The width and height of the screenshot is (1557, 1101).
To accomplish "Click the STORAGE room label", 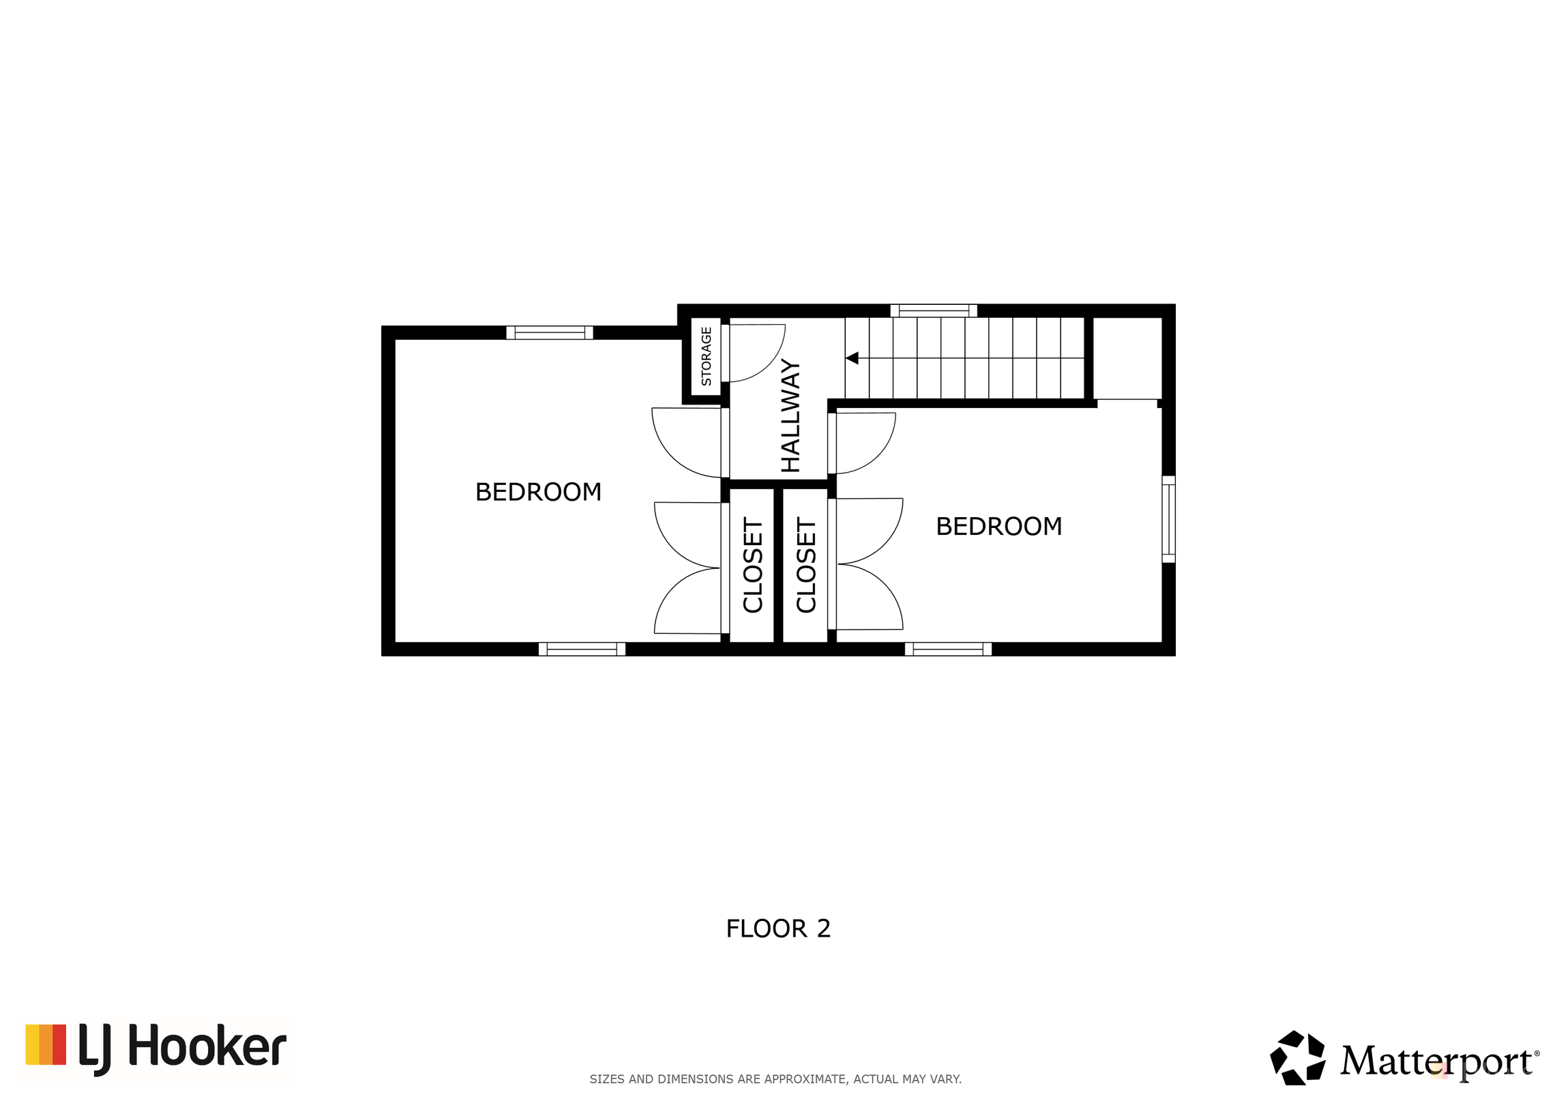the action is (706, 356).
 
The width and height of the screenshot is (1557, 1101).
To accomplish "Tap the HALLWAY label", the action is (790, 415).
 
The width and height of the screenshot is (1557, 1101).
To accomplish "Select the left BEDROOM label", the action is (538, 492).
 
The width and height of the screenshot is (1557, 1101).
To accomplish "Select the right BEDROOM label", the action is (998, 526).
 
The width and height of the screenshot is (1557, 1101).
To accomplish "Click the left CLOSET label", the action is (752, 566).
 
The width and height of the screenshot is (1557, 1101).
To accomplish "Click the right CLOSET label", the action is (806, 566).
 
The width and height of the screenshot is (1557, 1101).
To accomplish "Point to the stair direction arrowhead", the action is (852, 357).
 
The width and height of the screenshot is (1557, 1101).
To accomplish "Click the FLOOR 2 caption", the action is (778, 928).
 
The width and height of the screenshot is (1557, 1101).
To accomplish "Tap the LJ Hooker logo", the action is (156, 1049).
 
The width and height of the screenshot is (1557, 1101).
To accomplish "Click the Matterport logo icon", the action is (1297, 1058).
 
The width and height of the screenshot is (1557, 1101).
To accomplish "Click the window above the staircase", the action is (934, 310).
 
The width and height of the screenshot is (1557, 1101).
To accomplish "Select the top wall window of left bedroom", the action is (549, 333).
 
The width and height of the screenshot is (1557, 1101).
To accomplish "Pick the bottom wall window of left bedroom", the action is (582, 649).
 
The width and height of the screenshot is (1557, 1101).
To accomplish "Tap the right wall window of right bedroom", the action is (1168, 519).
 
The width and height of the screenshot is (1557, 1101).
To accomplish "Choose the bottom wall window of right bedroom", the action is (948, 649).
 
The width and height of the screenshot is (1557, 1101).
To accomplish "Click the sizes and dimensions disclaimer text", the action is (775, 1079).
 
